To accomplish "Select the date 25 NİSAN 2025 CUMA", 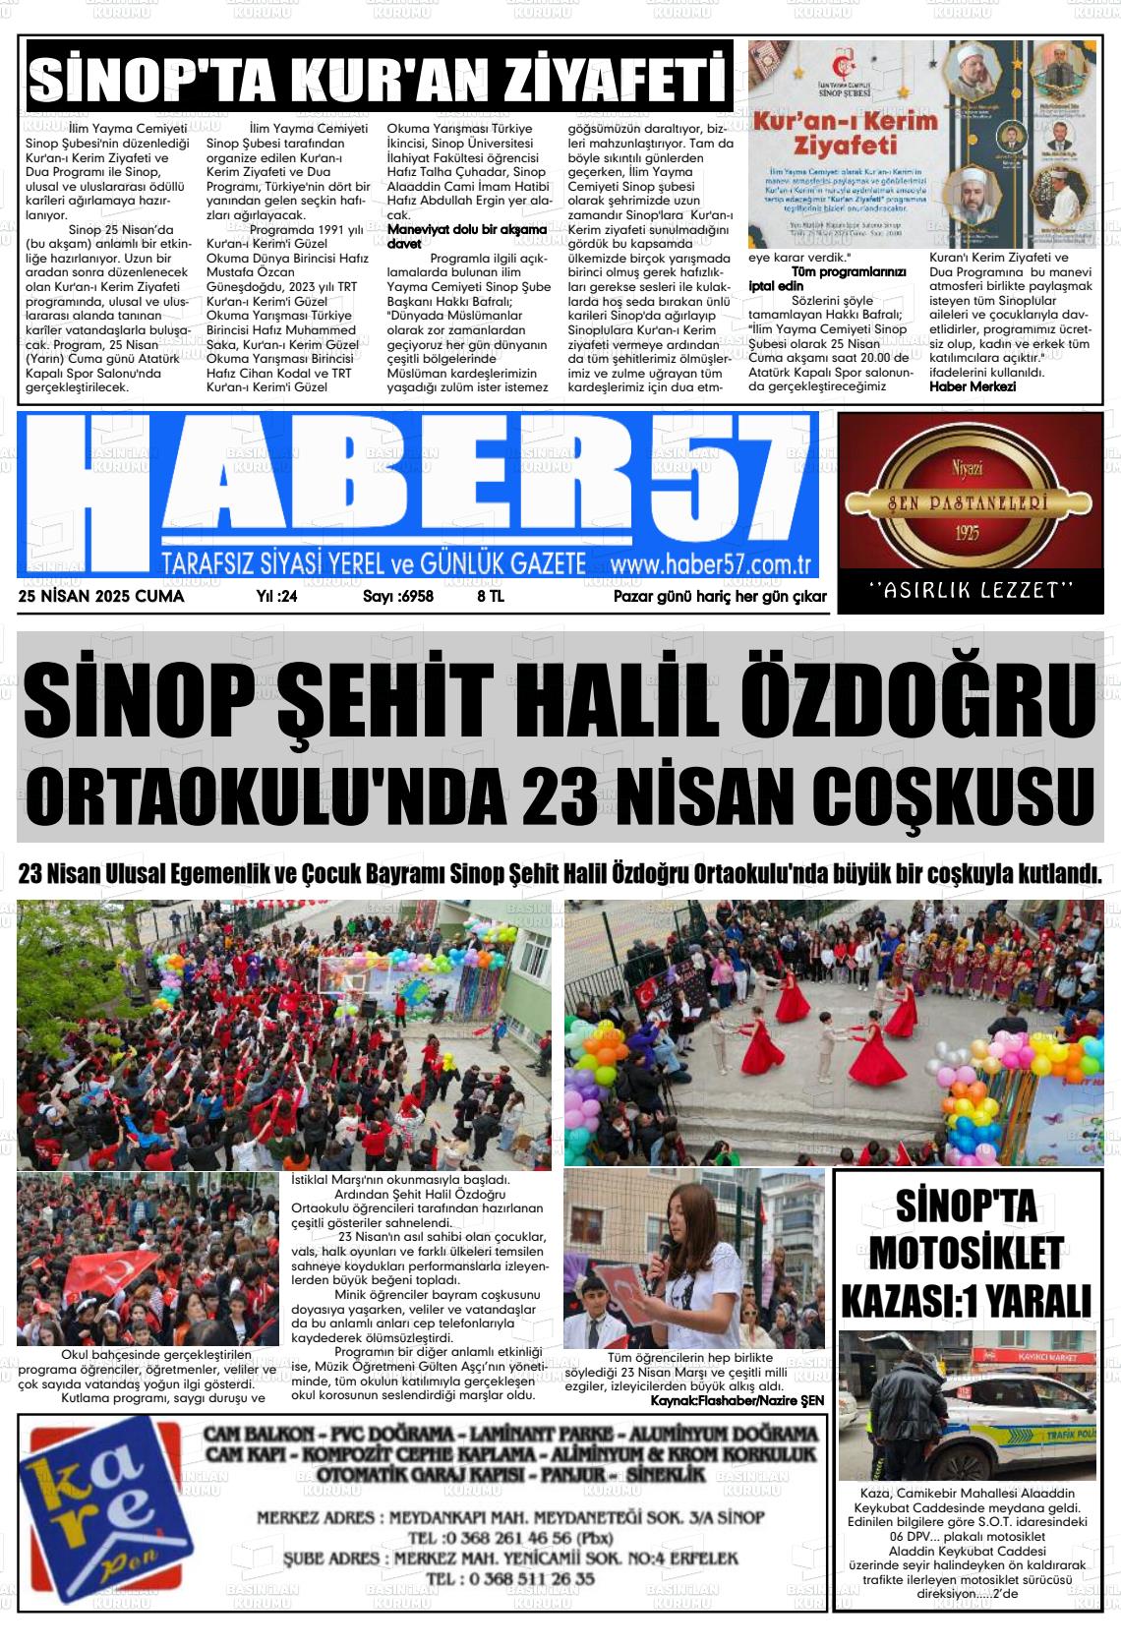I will [x=101, y=596].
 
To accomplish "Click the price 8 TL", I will [x=491, y=596].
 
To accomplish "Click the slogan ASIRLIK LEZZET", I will [x=971, y=590].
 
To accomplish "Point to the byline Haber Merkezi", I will [x=973, y=386].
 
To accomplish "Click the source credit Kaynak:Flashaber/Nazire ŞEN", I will [x=737, y=1399].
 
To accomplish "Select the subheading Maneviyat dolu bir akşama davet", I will [x=466, y=235].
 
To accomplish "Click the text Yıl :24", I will [x=276, y=596].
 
